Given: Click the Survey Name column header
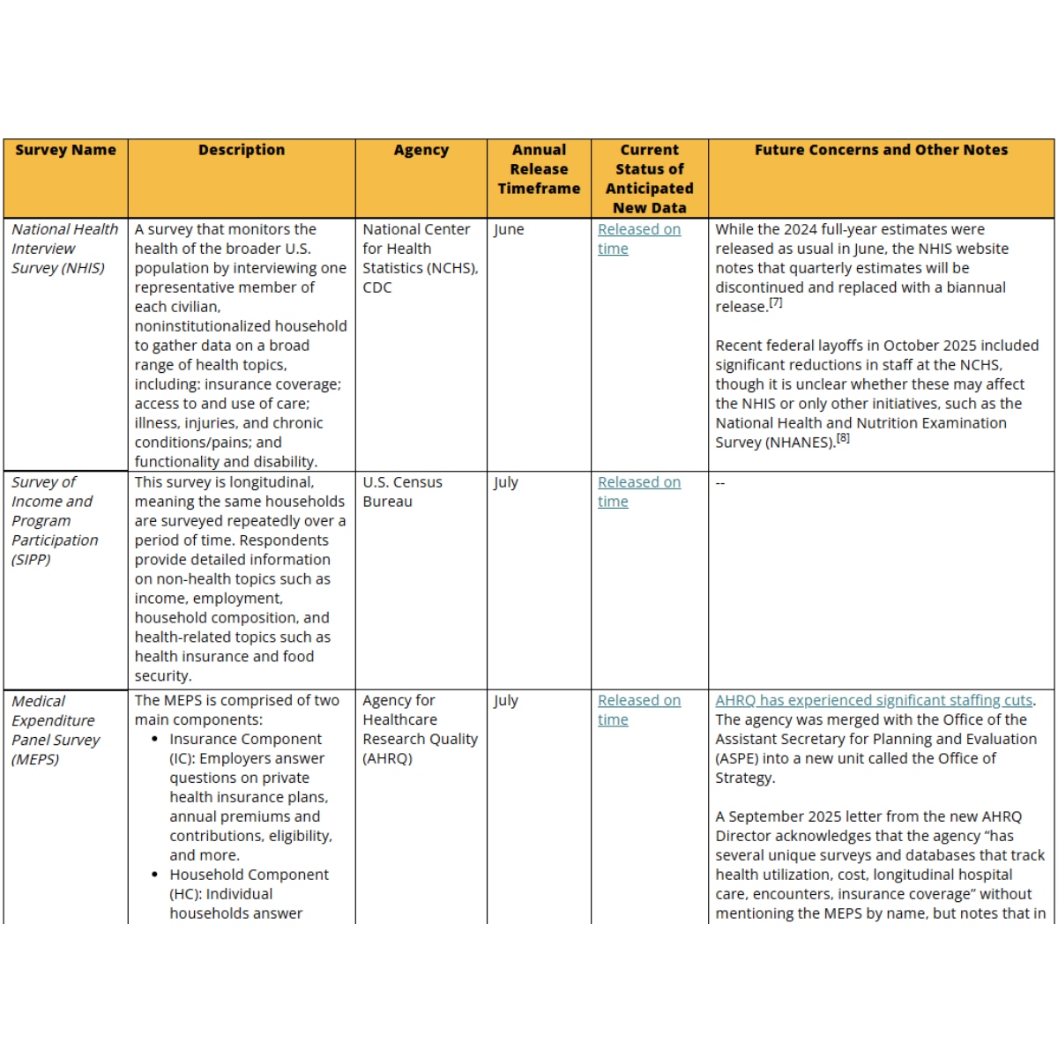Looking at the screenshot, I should click(x=65, y=150).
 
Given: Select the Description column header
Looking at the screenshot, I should click(x=242, y=150).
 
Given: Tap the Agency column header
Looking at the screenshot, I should click(x=421, y=150).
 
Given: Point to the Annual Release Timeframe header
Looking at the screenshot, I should click(x=539, y=169).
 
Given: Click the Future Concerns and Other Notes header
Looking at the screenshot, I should click(x=881, y=150).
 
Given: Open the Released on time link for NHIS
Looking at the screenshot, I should click(x=638, y=239).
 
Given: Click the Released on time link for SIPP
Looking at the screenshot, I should click(x=638, y=492).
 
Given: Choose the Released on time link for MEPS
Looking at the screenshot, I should click(x=638, y=710).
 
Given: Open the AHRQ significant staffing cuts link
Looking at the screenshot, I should click(x=874, y=700).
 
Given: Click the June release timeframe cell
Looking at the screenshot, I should click(x=509, y=229).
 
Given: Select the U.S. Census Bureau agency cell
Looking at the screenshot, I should click(x=402, y=492).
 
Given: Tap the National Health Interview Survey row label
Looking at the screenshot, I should click(x=64, y=249).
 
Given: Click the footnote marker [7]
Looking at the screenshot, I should click(x=776, y=302).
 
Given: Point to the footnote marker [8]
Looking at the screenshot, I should click(x=844, y=438).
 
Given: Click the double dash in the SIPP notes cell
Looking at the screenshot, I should click(x=720, y=483).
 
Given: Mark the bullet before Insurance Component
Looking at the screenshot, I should click(x=155, y=740).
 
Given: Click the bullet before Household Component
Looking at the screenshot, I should click(x=155, y=875).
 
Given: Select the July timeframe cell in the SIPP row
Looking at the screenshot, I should click(x=506, y=482).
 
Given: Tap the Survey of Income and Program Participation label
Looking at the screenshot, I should click(x=55, y=521).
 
